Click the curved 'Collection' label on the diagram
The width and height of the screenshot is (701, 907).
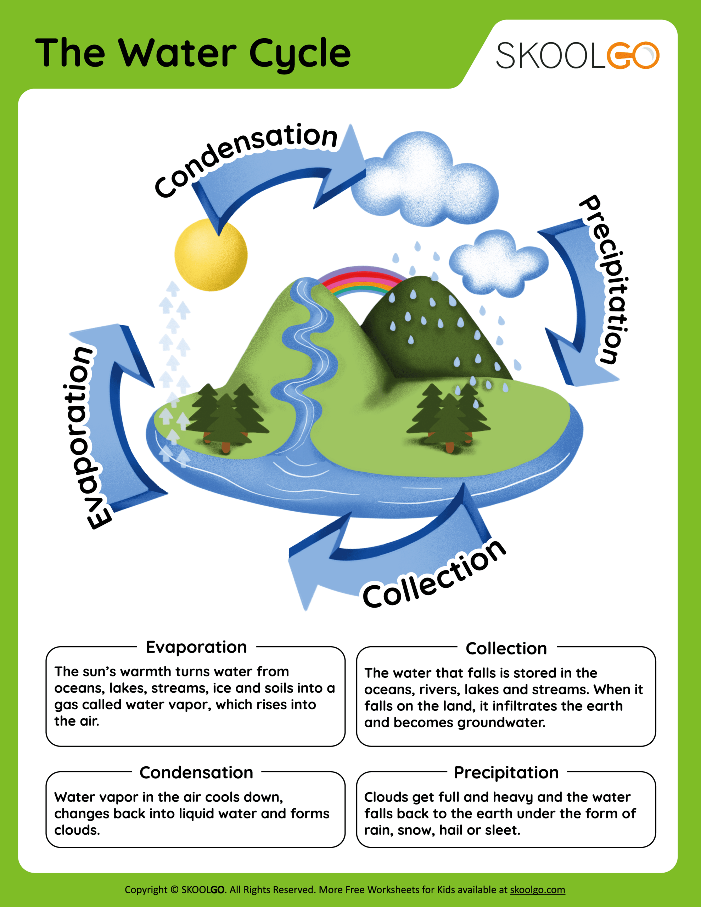(434, 575)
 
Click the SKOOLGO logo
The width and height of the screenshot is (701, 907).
(577, 55)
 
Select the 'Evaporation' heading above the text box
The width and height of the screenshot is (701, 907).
(196, 647)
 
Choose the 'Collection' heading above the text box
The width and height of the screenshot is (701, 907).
(506, 648)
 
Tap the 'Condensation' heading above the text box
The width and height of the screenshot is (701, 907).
(196, 772)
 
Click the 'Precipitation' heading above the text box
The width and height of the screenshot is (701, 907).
(506, 772)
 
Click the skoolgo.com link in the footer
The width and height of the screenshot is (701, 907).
(537, 890)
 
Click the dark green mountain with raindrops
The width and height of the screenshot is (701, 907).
(432, 328)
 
